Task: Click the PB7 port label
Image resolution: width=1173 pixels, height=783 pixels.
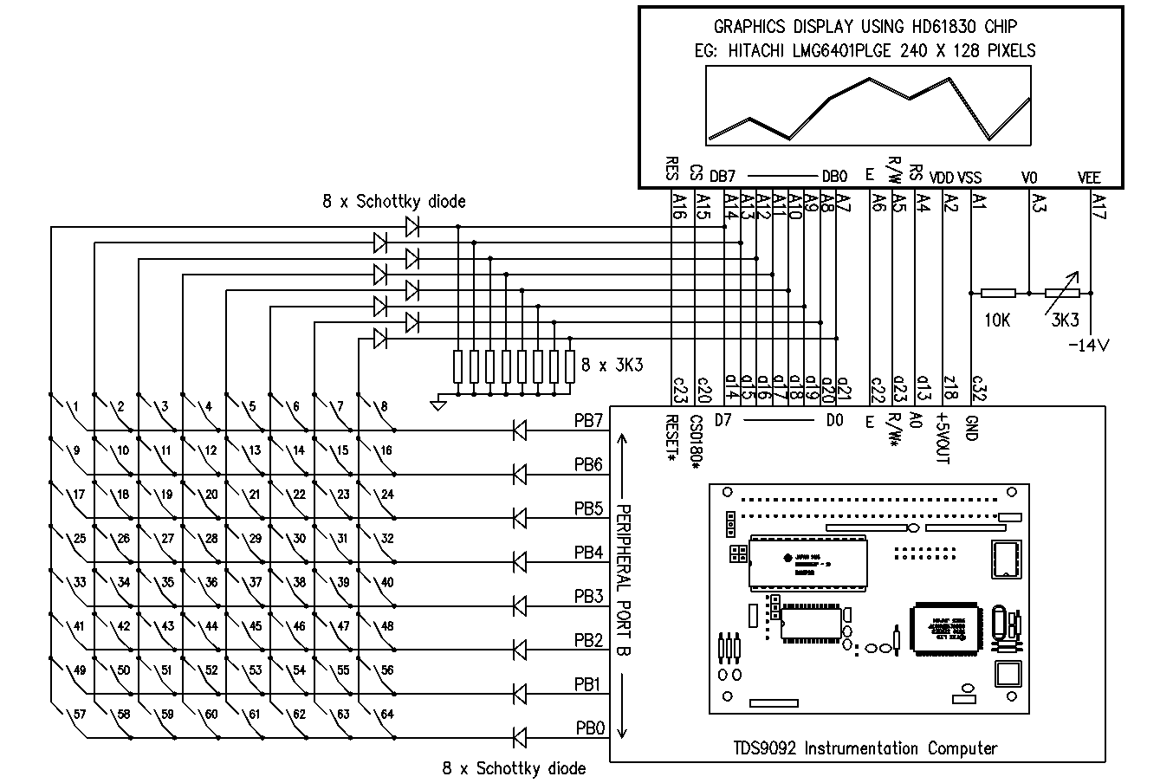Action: (x=588, y=421)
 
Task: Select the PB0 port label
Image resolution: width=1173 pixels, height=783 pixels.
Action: (x=589, y=728)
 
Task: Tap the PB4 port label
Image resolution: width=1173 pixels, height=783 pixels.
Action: (x=588, y=553)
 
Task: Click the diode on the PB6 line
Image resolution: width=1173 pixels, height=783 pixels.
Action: (x=520, y=474)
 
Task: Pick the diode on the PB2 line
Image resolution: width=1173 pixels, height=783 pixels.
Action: (x=520, y=650)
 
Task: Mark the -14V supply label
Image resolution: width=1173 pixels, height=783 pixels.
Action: (x=1089, y=345)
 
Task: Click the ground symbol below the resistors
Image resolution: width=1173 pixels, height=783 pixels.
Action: (x=438, y=403)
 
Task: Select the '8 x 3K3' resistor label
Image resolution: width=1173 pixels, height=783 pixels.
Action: (x=612, y=366)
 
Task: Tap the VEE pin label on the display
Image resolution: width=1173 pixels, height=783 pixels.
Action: (x=1088, y=178)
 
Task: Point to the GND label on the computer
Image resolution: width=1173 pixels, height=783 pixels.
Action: (x=972, y=428)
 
